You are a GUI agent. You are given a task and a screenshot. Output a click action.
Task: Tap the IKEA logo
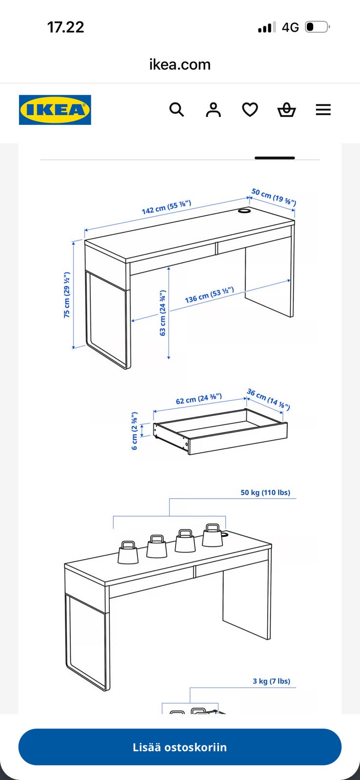tap(55, 110)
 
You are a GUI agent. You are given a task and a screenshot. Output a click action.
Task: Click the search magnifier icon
tap(177, 110)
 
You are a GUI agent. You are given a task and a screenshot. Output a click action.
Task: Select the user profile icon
tap(213, 110)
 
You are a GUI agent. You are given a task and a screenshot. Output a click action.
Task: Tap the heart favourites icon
tap(250, 110)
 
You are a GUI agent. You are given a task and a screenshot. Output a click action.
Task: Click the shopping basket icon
tap(286, 110)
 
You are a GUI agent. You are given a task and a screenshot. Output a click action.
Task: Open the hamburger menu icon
tap(323, 110)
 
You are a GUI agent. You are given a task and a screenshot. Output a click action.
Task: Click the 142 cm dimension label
tap(166, 207)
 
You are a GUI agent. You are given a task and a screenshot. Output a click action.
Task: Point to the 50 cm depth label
tap(274, 197)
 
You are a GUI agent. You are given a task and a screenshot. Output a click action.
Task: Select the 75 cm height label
tap(66, 294)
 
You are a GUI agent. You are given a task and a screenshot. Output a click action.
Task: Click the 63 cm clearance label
tap(162, 312)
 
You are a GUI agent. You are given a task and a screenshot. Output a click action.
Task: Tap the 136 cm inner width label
tap(209, 295)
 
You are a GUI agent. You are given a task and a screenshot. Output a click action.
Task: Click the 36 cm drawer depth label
tap(269, 399)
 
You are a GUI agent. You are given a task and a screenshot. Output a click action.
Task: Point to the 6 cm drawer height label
tap(135, 431)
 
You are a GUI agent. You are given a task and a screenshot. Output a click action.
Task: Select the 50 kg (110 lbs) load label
tap(265, 492)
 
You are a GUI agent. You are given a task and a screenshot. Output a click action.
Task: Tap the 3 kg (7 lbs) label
tap(272, 681)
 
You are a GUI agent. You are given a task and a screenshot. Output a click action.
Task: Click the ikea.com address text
tap(180, 64)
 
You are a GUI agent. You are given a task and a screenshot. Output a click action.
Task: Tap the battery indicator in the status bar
tap(317, 27)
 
